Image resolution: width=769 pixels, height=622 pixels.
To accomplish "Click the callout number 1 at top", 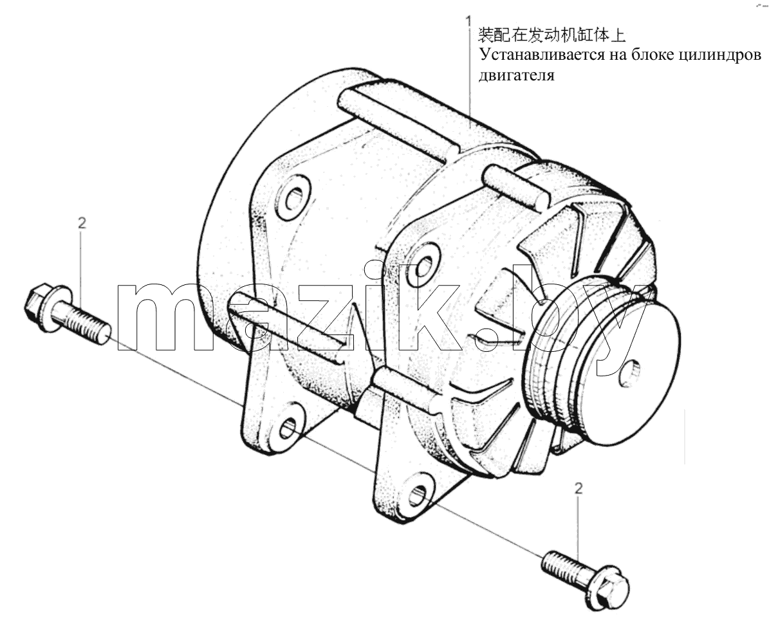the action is pos(469,21).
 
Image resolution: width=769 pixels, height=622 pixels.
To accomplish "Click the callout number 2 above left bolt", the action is pos(82,223).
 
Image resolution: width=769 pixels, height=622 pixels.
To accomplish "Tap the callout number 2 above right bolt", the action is pos(579,488).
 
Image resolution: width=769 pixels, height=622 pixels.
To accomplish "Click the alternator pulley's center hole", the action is pos(629,374).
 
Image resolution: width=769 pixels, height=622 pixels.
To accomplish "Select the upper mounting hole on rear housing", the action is pos(294,199).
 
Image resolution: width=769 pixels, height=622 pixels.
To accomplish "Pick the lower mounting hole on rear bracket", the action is pos(288,428).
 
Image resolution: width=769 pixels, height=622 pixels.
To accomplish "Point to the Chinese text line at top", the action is pos(551,35).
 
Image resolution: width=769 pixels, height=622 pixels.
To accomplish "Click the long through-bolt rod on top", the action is pos(398,120).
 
